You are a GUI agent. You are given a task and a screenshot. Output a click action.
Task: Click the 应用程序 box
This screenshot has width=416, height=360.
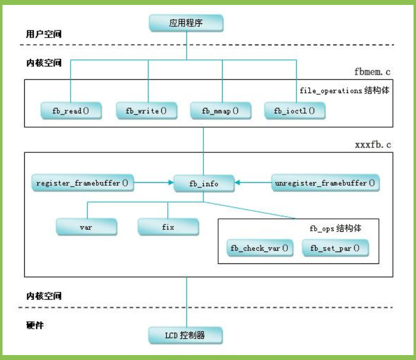tap(186, 23)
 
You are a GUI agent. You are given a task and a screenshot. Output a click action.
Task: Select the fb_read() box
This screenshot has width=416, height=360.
tap(70, 110)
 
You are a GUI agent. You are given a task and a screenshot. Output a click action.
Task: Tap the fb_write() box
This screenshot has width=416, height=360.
tap(147, 110)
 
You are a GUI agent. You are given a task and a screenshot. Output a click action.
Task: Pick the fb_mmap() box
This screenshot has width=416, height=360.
tap(220, 110)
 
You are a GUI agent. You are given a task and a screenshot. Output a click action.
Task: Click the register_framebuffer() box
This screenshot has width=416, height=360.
tap(82, 183)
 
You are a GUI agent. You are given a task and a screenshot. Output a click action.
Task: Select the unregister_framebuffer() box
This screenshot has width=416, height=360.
tap(324, 183)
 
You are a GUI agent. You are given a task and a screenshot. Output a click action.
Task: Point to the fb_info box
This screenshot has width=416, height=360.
tap(204, 184)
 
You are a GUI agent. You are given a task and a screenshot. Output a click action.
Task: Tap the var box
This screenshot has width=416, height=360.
tap(86, 227)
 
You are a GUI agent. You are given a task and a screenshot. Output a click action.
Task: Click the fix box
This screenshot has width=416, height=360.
tap(168, 227)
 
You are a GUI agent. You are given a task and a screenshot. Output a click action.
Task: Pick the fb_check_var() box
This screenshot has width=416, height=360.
tap(259, 248)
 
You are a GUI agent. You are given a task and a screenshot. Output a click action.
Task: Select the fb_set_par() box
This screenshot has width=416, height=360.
tap(335, 248)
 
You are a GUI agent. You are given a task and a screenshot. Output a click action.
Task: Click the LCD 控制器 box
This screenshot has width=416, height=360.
tap(185, 335)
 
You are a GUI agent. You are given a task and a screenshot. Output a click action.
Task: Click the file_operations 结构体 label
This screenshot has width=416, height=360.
tap(345, 92)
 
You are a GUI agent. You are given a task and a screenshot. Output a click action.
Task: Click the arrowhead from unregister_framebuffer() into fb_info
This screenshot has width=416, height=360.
tap(238, 183)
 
